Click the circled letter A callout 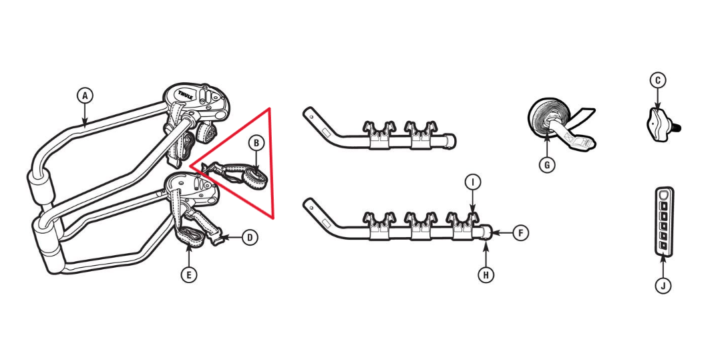84,96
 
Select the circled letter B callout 256,143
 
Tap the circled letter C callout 658,81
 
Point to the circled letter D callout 250,238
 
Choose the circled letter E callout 189,275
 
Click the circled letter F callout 521,233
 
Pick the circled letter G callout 546,165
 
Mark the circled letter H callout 486,275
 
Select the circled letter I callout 472,182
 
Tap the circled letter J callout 663,286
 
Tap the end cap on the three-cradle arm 487,232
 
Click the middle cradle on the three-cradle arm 420,224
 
